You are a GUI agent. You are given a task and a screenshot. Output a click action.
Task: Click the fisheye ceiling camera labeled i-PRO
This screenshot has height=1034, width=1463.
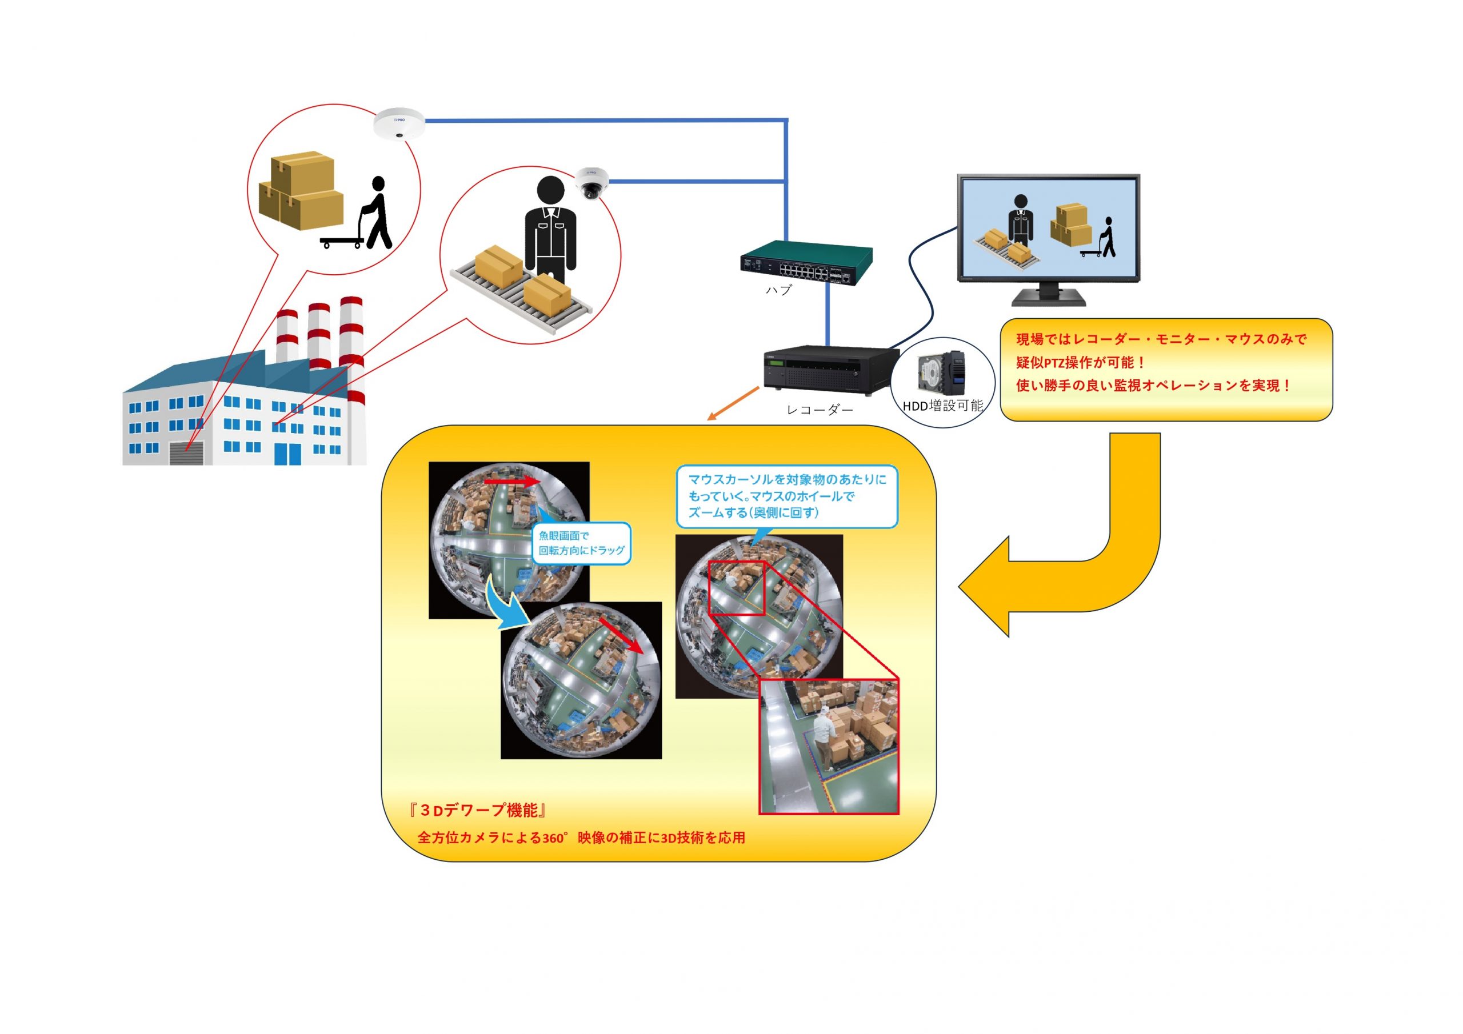pyautogui.click(x=399, y=123)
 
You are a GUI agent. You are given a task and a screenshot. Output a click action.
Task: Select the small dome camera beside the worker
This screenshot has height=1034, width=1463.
pyautogui.click(x=592, y=183)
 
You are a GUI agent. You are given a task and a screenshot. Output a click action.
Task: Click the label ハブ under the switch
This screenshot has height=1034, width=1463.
pyautogui.click(x=778, y=291)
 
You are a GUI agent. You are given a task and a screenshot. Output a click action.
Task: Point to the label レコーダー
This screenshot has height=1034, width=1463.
pyautogui.click(x=820, y=410)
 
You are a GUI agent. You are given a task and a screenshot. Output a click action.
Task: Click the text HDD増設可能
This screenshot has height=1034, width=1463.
pyautogui.click(x=942, y=406)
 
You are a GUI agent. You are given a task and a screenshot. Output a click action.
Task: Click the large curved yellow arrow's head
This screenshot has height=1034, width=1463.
pyautogui.click(x=985, y=586)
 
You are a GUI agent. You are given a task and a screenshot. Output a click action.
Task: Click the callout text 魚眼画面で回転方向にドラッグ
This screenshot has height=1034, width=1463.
pyautogui.click(x=581, y=543)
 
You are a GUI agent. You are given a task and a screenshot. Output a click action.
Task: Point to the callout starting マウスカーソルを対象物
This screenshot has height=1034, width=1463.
pyautogui.click(x=787, y=496)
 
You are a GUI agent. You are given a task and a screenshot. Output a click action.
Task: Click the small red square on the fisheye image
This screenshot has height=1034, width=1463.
pyautogui.click(x=737, y=587)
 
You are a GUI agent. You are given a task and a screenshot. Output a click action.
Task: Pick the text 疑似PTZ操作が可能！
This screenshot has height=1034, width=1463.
pyautogui.click(x=1081, y=363)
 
